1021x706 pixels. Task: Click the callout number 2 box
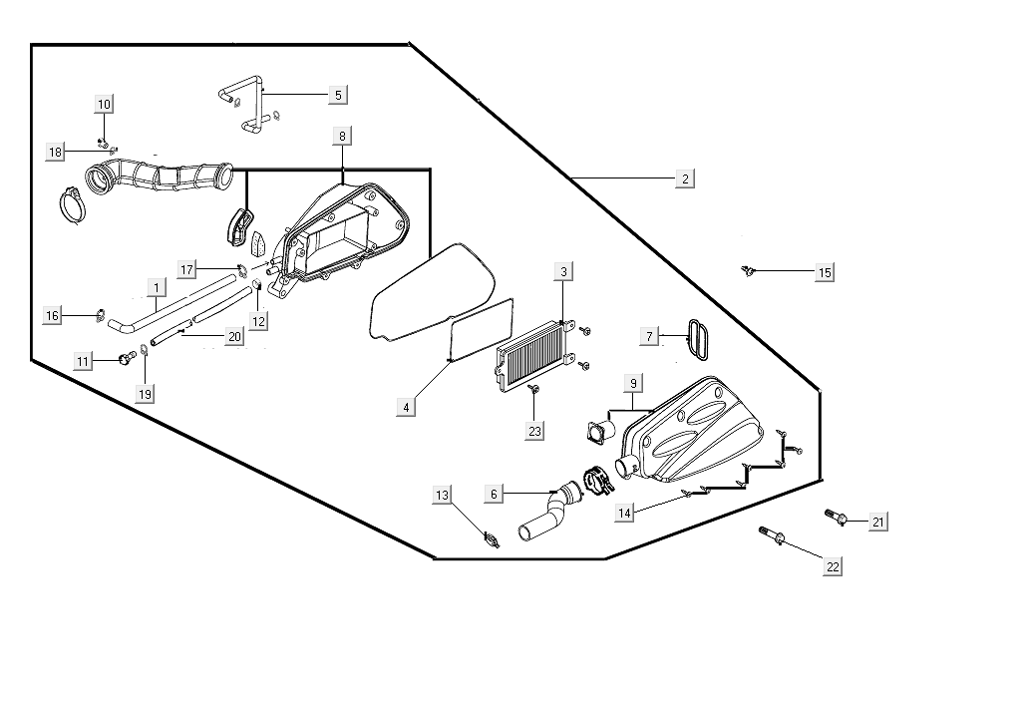click(x=685, y=178)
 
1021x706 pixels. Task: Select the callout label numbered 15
click(x=825, y=272)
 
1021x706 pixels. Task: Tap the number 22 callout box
click(x=833, y=566)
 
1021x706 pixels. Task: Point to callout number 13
click(x=442, y=496)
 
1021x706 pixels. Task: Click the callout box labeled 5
click(x=338, y=95)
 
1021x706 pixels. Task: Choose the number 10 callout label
click(x=105, y=104)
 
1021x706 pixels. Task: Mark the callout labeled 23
click(x=535, y=431)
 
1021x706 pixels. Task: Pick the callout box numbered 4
click(x=406, y=407)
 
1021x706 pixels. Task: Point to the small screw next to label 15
click(x=747, y=270)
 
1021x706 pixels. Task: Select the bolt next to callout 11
click(x=126, y=357)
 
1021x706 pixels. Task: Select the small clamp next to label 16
click(x=101, y=316)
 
